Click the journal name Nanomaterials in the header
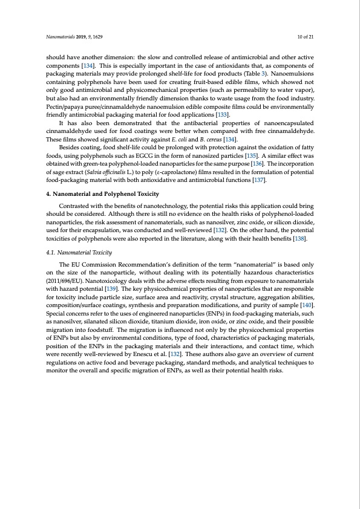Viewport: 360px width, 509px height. pyautogui.click(x=62, y=36)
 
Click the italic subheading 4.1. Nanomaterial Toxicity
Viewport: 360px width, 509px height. pyautogui.click(x=77, y=252)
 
